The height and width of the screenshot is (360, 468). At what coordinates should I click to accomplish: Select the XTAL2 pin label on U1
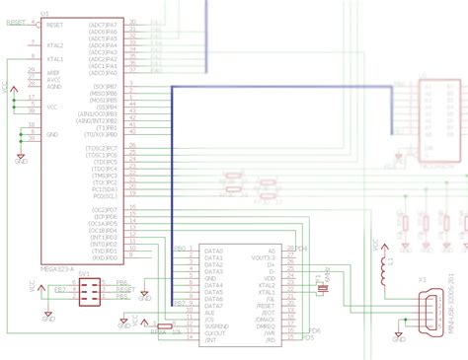click(x=54, y=45)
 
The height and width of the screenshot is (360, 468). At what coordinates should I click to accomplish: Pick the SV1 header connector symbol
click(x=86, y=289)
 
